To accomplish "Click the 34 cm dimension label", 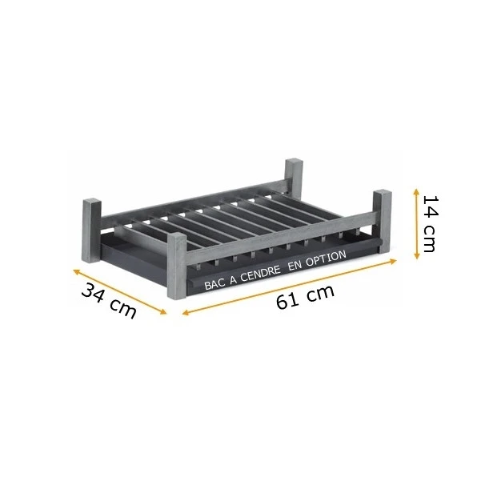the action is pos(109,301).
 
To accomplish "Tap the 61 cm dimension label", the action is pos(305,297).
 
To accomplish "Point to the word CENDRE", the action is pos(260,274).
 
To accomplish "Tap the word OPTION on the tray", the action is pos(327,258).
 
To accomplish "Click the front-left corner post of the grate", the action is pos(177,266).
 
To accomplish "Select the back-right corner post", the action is pos(294,176).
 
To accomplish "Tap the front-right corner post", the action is pos(383,222).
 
